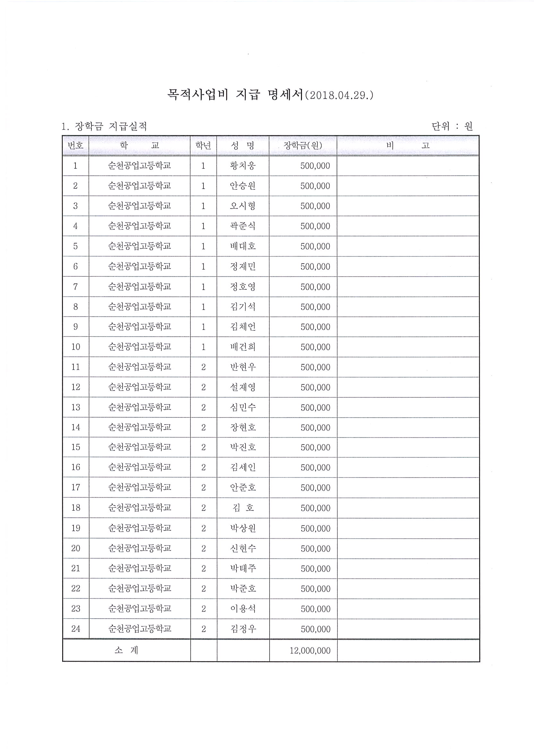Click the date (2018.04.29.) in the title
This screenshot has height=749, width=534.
tap(339, 96)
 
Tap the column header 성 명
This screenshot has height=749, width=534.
tap(243, 146)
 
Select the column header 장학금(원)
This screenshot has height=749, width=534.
tap(303, 146)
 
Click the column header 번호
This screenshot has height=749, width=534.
tap(76, 146)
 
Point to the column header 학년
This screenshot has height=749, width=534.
tap(203, 146)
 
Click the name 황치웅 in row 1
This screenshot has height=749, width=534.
tap(243, 165)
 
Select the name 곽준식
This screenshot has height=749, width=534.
tap(243, 226)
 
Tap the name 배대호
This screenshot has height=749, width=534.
tap(243, 246)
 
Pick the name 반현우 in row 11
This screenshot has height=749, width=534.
tap(243, 367)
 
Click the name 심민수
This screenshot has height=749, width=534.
tap(243, 407)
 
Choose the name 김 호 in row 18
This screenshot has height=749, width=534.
tap(243, 508)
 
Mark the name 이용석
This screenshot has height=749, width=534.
tap(243, 609)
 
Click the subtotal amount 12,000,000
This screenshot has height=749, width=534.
tap(310, 651)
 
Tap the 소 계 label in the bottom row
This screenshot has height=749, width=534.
tap(126, 651)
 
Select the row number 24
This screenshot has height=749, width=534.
tap(76, 629)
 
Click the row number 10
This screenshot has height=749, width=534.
tap(76, 347)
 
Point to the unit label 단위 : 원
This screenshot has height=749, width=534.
tap(452, 126)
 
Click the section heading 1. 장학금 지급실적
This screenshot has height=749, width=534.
tap(104, 126)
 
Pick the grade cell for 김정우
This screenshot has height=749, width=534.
tap(203, 629)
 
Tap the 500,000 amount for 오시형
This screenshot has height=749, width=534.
tap(315, 206)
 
